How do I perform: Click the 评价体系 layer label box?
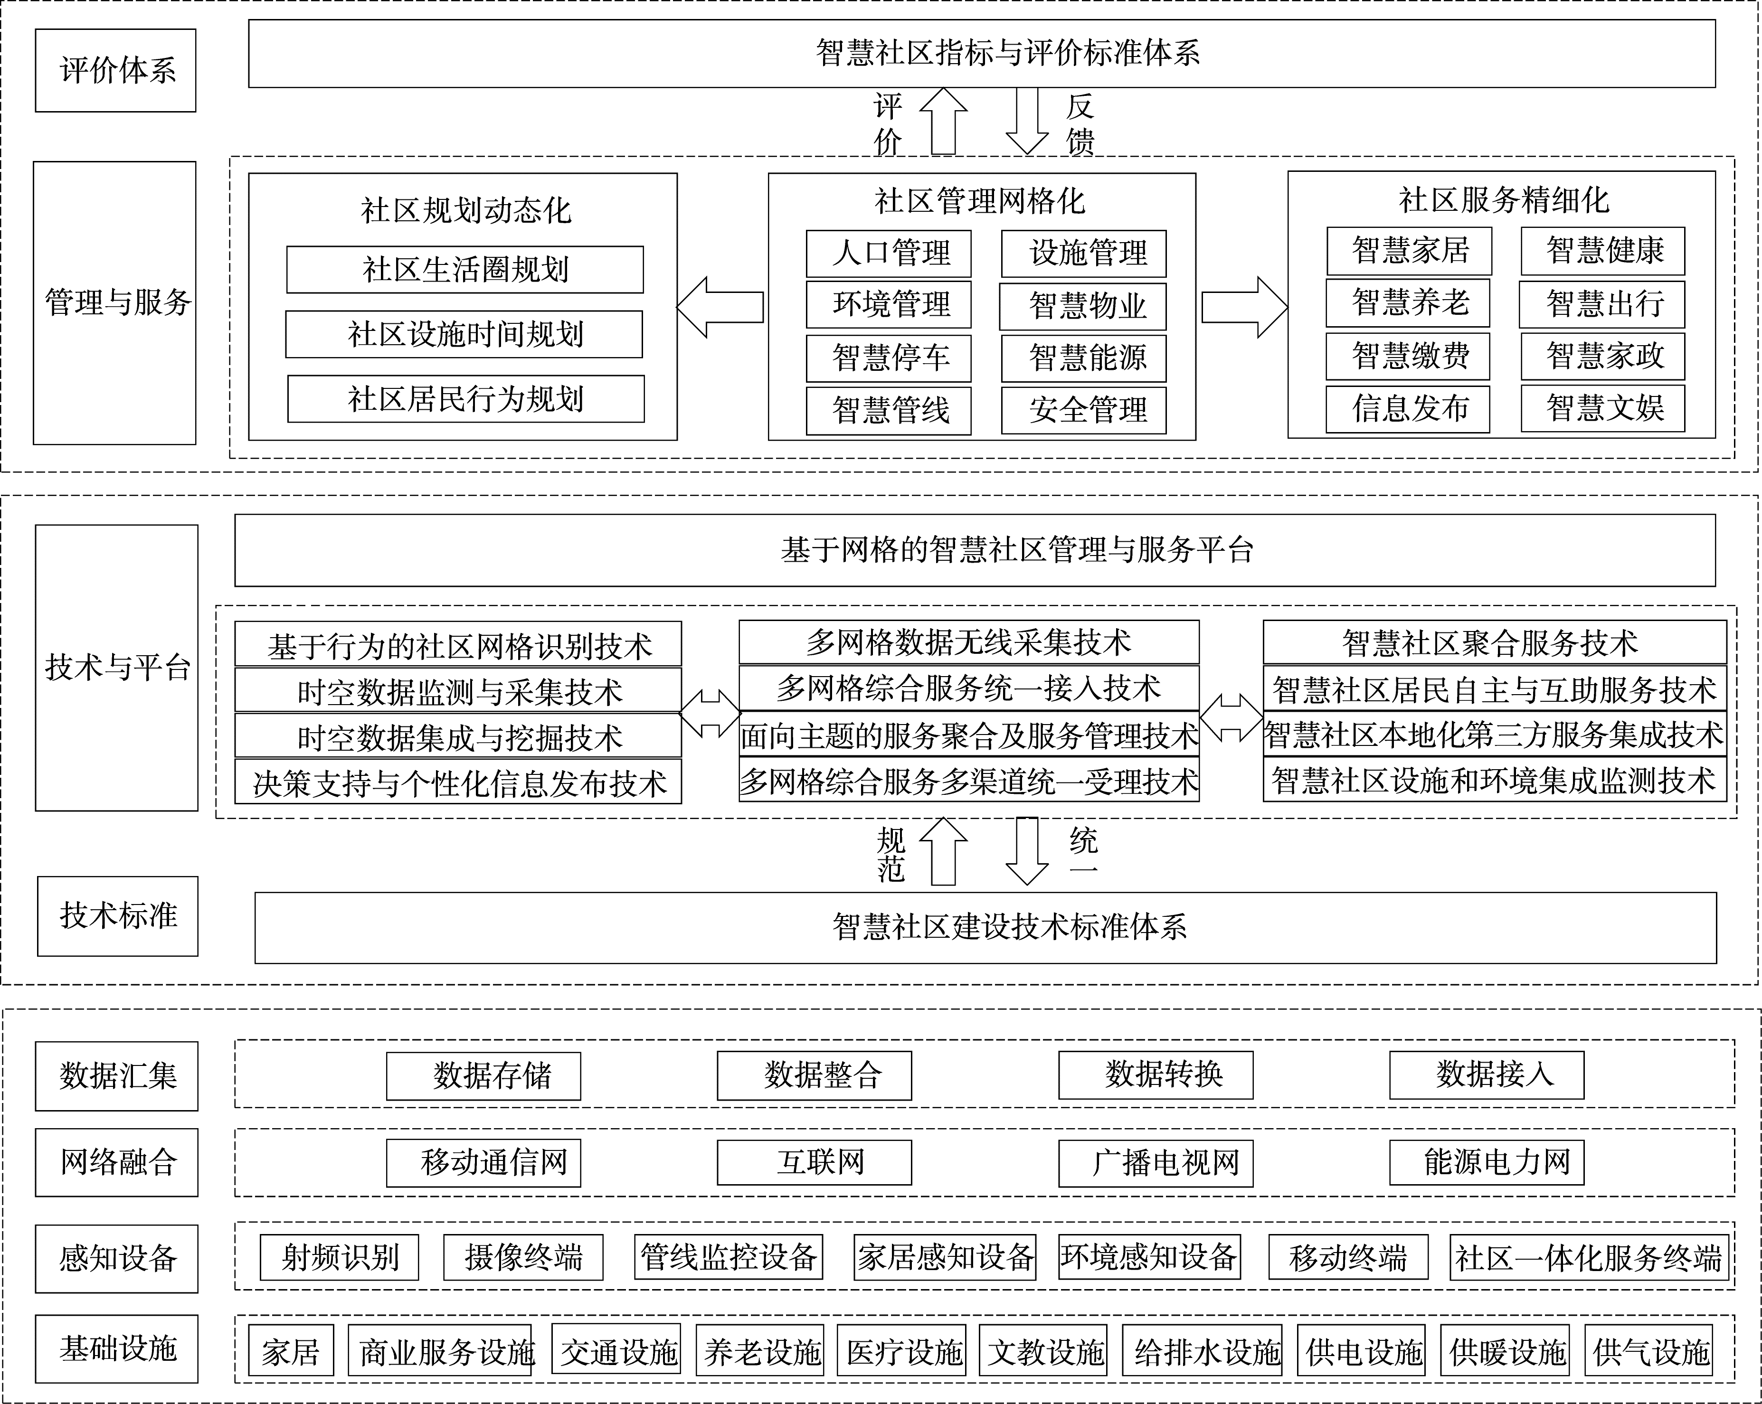pos(115,70)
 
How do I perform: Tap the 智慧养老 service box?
pos(1408,303)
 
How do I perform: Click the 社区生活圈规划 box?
pos(465,270)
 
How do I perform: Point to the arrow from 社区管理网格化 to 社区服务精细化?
pos(1244,307)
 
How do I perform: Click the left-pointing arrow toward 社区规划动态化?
pos(720,307)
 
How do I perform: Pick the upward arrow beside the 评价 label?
pos(943,121)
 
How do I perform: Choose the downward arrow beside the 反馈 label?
pos(1026,121)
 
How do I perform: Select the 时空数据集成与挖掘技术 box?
pos(458,735)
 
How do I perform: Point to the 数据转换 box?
pos(1156,1074)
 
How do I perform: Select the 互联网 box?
pos(814,1161)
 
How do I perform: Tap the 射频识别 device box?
pos(339,1257)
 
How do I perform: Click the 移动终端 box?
pos(1348,1257)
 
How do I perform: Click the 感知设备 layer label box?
pos(117,1259)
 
